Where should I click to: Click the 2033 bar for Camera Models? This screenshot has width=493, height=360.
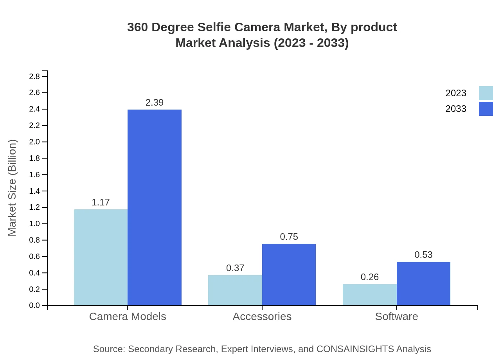pos(155,207)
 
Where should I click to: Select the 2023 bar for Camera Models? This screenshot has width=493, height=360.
pos(101,257)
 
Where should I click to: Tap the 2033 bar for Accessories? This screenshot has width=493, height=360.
pos(289,274)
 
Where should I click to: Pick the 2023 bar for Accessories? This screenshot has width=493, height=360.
pos(235,290)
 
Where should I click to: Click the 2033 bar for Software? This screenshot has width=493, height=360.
pos(423,283)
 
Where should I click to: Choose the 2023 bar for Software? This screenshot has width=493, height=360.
pos(369,295)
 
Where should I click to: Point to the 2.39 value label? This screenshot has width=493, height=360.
pos(155,103)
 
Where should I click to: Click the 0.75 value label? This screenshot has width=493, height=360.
pos(289,237)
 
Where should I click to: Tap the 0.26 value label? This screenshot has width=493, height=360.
pos(369,277)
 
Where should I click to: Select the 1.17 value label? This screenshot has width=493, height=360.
pos(101,202)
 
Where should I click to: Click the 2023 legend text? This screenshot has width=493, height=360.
pos(455,93)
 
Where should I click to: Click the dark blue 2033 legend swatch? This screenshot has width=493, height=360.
pos(486,109)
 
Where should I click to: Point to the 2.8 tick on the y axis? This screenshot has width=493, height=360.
pos(34,76)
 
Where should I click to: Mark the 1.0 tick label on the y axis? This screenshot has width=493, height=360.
pos(34,224)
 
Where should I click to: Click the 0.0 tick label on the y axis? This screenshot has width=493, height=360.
pos(34,306)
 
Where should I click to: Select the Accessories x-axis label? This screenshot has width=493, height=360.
pos(262,316)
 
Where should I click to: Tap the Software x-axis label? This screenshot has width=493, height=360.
pos(396,316)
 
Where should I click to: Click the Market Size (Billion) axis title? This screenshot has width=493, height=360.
pos(12,188)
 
